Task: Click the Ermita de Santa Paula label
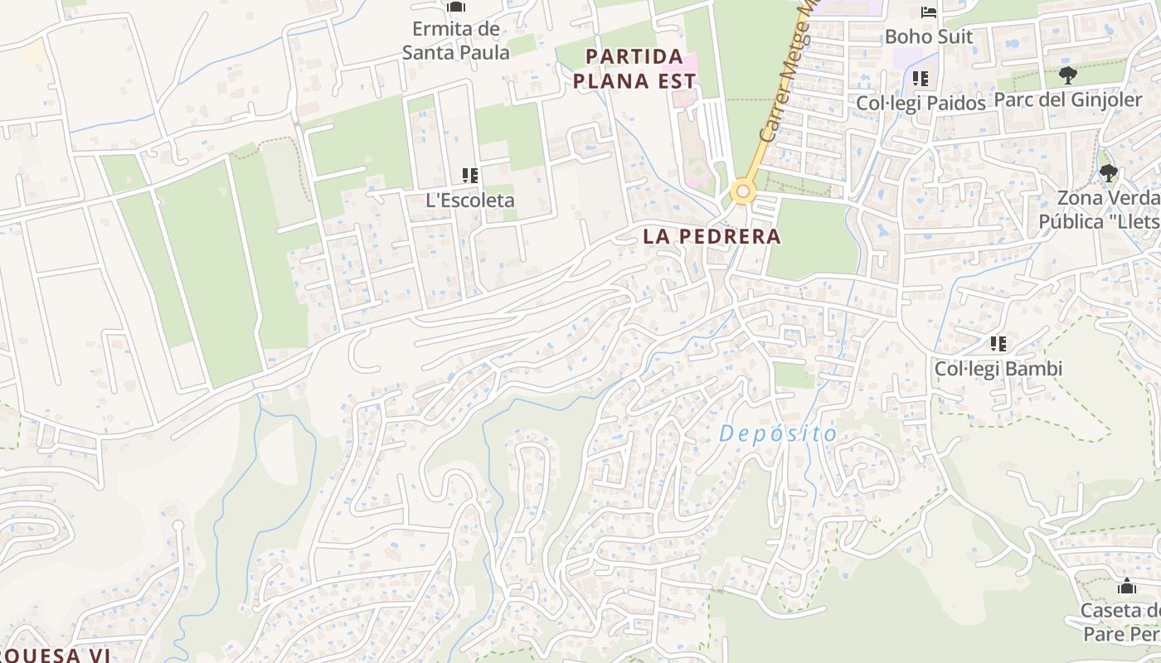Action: pos(455,40)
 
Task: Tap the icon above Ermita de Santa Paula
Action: pos(455,7)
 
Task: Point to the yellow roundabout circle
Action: pos(743,193)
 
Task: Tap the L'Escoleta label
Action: pos(469,201)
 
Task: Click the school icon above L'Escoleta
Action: pos(470,176)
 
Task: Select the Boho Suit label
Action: pos(928,37)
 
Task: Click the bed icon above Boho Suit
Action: pos(928,12)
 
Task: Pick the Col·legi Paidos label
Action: pos(921,104)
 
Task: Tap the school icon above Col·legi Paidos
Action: pos(920,79)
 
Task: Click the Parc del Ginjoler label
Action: pos(1067,99)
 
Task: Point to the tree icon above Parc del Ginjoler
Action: pos(1067,75)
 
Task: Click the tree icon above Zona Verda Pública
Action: pos(1108,173)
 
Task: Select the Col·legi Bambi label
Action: pos(998,369)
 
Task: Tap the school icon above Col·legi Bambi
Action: pos(998,344)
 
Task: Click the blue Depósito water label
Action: pos(778,433)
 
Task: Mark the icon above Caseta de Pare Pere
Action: pos(1126,587)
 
